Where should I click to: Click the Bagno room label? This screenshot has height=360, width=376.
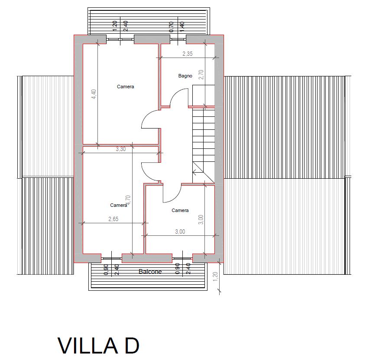185,76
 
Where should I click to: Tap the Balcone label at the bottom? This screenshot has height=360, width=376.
150,272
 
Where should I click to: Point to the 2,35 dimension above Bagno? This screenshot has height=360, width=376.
187,54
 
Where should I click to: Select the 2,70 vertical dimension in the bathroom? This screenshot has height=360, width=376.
201,74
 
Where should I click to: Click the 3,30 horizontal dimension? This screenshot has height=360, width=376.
120,149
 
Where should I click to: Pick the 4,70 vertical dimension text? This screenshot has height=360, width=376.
128,200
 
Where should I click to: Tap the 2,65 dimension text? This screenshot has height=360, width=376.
113,219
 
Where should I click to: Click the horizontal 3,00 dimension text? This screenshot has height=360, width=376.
180,231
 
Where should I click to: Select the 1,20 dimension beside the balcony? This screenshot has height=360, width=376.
215,276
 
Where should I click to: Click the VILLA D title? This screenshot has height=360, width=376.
98,346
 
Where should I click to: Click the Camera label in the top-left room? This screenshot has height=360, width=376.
126,87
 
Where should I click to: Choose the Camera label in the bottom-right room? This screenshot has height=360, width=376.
180,210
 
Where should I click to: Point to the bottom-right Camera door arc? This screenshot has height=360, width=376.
175,198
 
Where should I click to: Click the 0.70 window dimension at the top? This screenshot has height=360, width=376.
171,27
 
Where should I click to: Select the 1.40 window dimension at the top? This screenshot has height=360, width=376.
182,27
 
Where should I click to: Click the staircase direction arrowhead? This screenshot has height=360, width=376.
194,171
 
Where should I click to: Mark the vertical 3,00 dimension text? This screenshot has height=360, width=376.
201,219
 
